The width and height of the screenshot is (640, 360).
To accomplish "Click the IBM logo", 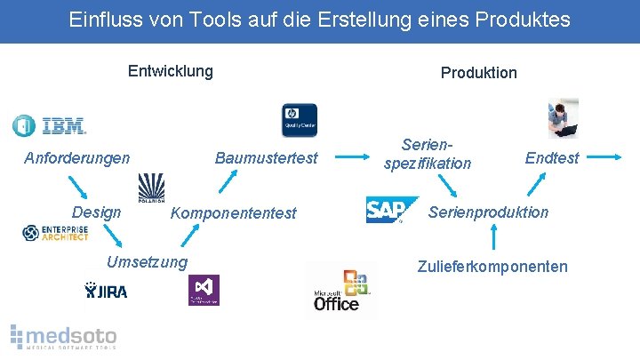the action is click(x=50, y=125).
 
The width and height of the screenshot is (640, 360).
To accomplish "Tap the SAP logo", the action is click(x=390, y=210).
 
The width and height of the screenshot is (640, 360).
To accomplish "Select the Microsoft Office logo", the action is click(x=340, y=290).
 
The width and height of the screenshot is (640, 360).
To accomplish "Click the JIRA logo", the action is click(x=106, y=290).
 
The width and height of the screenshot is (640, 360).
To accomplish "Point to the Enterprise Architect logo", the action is click(x=55, y=233).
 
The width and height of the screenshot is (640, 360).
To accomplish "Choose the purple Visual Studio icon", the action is click(x=204, y=290).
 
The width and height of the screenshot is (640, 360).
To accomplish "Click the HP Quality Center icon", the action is click(x=299, y=121).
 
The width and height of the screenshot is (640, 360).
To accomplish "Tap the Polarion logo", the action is click(x=151, y=188).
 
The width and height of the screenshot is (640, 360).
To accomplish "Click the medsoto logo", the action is click(x=64, y=336).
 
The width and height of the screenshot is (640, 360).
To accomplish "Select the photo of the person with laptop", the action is click(x=563, y=118).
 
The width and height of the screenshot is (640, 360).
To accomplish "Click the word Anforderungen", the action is click(x=76, y=158).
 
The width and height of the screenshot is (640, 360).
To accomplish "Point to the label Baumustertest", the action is click(x=266, y=158).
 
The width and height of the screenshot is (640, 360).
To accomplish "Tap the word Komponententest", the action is click(x=233, y=213).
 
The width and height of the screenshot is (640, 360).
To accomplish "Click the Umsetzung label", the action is click(x=147, y=261).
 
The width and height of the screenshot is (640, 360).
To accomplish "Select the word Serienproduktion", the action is click(x=489, y=212).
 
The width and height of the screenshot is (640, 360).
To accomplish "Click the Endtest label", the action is click(x=551, y=158).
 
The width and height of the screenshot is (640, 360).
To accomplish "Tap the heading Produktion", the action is click(x=478, y=73).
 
